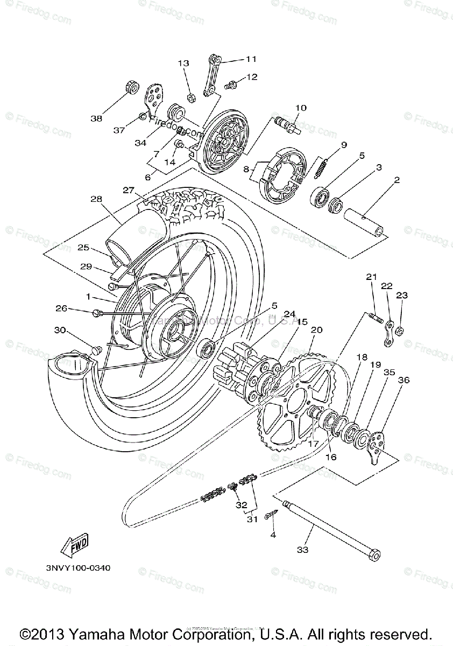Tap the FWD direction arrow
tap(74, 545)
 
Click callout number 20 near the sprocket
tap(316, 329)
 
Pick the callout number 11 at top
tap(251, 59)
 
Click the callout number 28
tap(96, 199)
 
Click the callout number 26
tap(62, 308)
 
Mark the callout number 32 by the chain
tap(242, 505)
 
